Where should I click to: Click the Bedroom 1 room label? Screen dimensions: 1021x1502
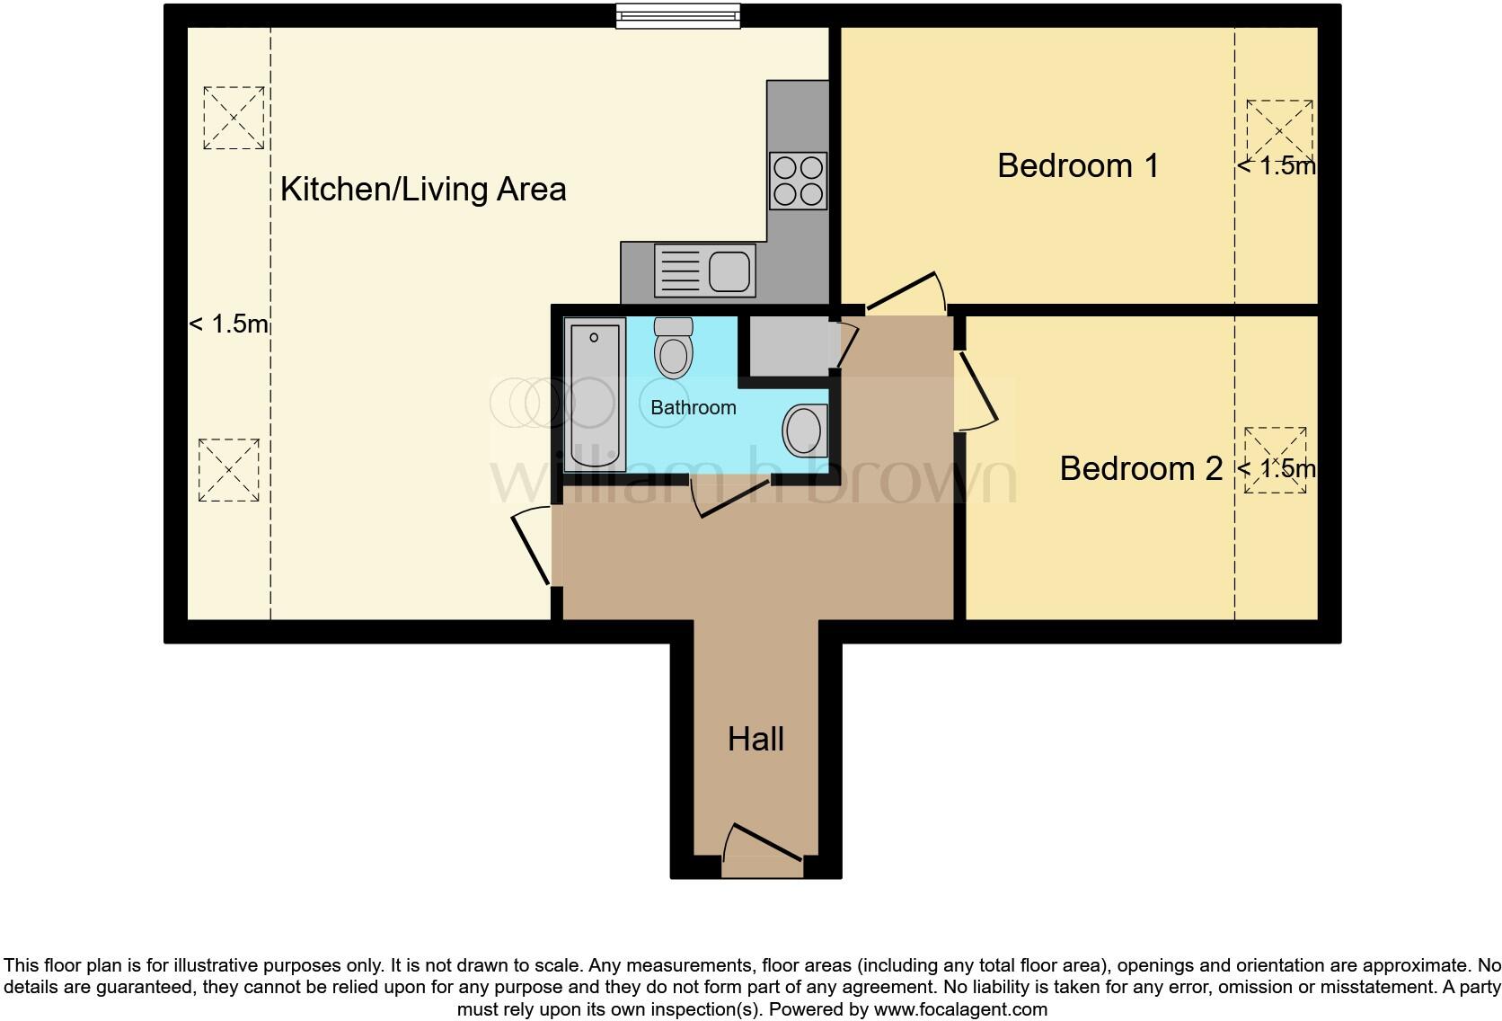click(x=1077, y=166)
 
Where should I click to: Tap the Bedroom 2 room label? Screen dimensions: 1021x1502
click(x=1140, y=468)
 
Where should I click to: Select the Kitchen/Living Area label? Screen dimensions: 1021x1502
click(x=423, y=190)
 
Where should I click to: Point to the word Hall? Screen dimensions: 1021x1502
click(x=755, y=740)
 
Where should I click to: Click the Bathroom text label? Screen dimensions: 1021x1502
click(x=693, y=408)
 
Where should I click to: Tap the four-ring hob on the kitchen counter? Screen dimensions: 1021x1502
click(x=798, y=181)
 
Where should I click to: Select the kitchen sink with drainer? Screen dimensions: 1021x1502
click(x=705, y=271)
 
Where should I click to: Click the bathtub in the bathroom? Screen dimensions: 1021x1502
click(x=595, y=395)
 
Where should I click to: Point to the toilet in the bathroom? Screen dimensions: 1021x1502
click(x=674, y=348)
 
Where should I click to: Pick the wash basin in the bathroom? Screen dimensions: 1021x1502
click(x=805, y=430)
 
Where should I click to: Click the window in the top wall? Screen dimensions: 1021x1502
click(x=678, y=16)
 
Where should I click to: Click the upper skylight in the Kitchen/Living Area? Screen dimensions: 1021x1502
click(x=234, y=118)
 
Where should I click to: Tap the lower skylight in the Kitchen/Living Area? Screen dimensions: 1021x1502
click(x=228, y=470)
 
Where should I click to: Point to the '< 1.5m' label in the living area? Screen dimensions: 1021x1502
click(x=228, y=324)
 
